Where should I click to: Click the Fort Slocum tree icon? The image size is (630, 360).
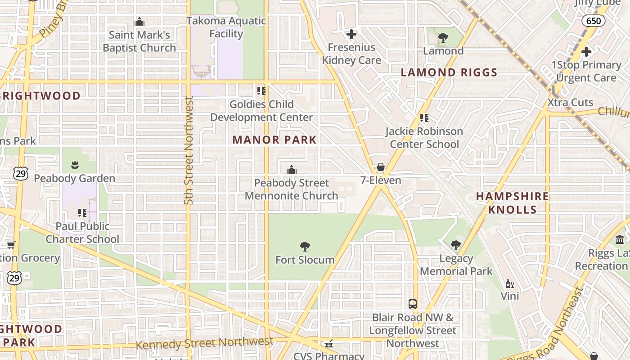[305, 246]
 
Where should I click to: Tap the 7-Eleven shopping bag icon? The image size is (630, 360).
[381, 167]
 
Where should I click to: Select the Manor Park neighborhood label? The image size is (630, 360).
[274, 140]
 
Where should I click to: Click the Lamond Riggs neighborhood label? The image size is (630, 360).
[449, 72]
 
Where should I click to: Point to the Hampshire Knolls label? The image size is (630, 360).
[513, 203]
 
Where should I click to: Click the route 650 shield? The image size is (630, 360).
[593, 21]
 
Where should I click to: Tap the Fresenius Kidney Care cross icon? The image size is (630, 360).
[351, 34]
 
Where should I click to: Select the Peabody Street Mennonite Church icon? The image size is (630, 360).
[292, 170]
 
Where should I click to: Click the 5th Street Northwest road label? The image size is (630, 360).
[189, 151]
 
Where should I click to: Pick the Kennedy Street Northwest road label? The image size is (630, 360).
[205, 343]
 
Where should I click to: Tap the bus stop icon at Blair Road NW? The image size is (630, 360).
[413, 304]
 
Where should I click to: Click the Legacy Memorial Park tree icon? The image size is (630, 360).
[456, 245]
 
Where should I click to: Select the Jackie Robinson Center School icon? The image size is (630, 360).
[424, 118]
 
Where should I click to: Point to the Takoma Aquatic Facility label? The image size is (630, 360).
[226, 27]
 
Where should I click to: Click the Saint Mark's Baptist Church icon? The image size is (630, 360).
[139, 22]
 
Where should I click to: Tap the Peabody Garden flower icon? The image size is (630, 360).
[75, 165]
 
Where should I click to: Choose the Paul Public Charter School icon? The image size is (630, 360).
[82, 212]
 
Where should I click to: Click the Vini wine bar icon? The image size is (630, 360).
[510, 283]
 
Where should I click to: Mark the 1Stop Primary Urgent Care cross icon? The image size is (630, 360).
[586, 52]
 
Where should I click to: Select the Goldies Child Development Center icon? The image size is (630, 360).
[261, 91]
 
